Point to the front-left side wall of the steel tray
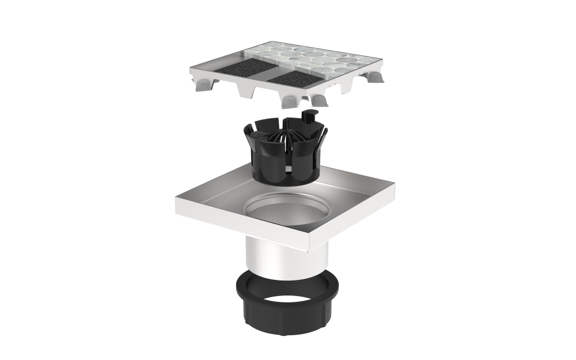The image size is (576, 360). tap(242, 222)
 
